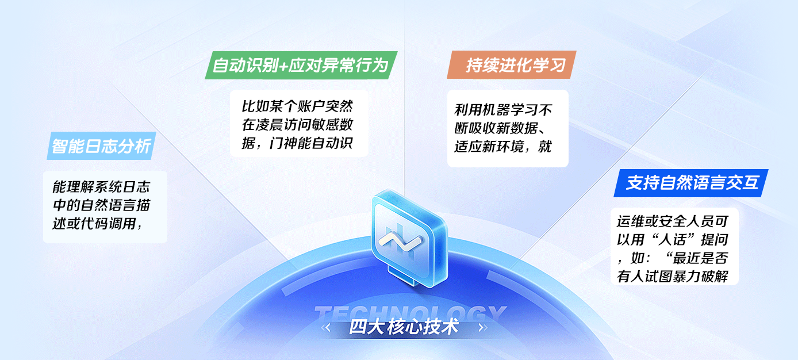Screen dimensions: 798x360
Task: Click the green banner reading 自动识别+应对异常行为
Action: coord(301,65)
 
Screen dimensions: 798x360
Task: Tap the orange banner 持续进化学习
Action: coord(512,65)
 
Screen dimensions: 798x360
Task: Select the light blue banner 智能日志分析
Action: coord(102,145)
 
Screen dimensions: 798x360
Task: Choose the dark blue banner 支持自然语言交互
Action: coord(690,183)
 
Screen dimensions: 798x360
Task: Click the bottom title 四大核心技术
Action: coord(404,327)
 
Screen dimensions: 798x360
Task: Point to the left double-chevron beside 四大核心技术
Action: coord(325,328)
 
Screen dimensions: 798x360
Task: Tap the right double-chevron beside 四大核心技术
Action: coord(483,328)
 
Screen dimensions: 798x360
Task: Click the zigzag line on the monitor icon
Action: coord(400,241)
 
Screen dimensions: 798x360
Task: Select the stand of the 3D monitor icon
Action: coord(402,276)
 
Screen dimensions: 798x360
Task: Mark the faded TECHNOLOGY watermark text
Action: coord(410,313)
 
